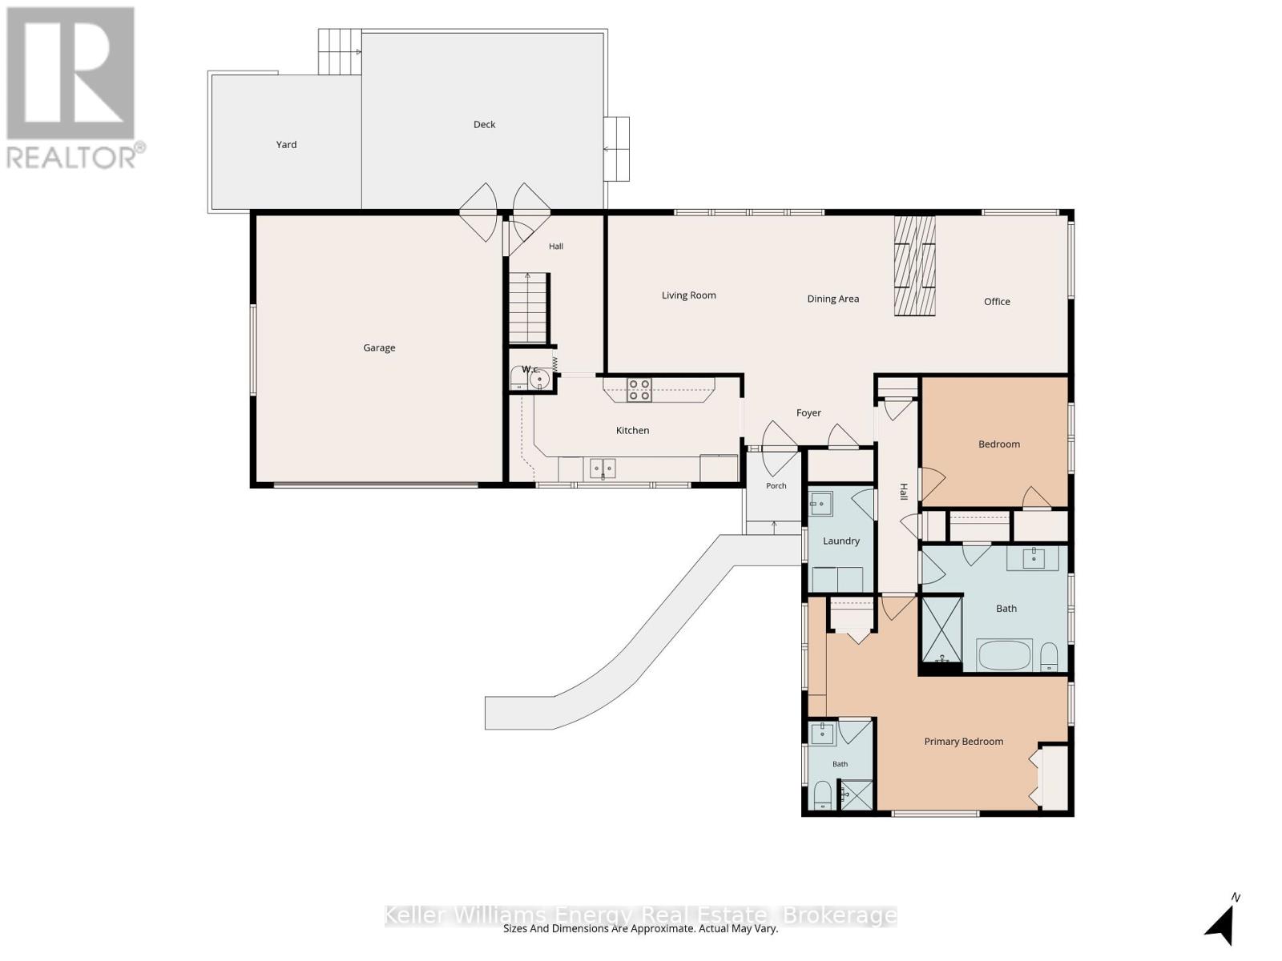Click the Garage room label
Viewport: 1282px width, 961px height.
(x=379, y=348)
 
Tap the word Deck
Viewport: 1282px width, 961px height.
(x=484, y=124)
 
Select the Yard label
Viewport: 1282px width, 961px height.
(x=286, y=144)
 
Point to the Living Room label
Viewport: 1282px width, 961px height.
(x=688, y=296)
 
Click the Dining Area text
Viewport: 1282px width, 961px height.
(x=832, y=299)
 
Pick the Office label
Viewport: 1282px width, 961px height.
(x=997, y=302)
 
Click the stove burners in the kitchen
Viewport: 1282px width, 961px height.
(x=639, y=390)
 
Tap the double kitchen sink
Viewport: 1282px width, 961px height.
(x=603, y=468)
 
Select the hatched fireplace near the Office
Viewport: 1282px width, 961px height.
(x=915, y=266)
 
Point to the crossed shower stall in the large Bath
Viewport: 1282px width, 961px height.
(x=941, y=629)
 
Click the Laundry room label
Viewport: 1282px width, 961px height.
(x=841, y=541)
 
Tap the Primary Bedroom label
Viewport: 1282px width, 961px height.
(x=964, y=742)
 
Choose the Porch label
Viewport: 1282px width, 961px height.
(x=776, y=485)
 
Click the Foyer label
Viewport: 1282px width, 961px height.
(x=809, y=413)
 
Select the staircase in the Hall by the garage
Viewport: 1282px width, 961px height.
(x=529, y=308)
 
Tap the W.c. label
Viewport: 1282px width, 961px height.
(x=531, y=369)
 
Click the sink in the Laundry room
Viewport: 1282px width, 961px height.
(x=821, y=505)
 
